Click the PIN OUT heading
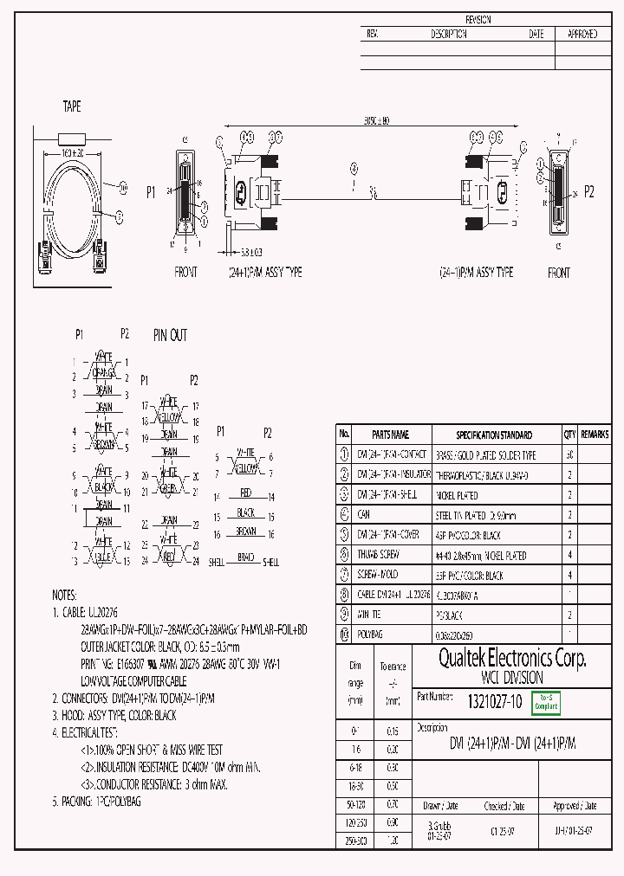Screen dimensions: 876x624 click(x=170, y=335)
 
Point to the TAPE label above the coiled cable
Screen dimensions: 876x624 click(x=72, y=106)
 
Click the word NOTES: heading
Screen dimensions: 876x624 click(x=64, y=596)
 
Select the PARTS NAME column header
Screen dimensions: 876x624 click(x=389, y=435)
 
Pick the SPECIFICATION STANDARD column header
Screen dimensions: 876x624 click(x=494, y=435)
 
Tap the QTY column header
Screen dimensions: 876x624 click(x=569, y=435)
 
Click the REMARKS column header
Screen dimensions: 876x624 click(x=595, y=435)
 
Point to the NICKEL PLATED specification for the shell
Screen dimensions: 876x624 click(x=456, y=495)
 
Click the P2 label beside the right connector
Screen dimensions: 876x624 click(x=589, y=192)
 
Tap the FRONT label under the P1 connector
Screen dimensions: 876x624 click(x=185, y=272)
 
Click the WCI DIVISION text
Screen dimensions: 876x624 click(x=512, y=679)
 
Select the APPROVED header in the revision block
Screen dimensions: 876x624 click(x=582, y=35)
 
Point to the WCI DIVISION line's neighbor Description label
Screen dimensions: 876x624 click(x=432, y=727)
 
